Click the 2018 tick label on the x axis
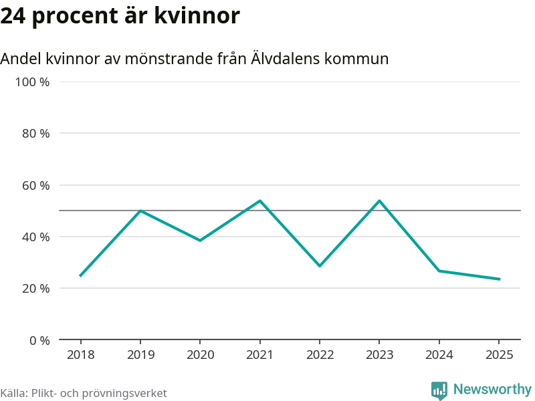pos(80,354)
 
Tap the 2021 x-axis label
pos(260,354)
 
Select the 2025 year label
pos(500,354)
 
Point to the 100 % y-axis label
pos(33,82)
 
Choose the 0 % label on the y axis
pos(39,340)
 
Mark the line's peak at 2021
pos(260,200)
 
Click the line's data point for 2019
pos(140,211)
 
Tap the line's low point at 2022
pos(320,266)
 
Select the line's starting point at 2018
pos(80,275)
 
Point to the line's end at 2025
pos(500,279)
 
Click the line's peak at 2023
pos(380,200)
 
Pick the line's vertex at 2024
pos(439,271)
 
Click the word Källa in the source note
pos(13,393)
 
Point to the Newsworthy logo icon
pos(439,390)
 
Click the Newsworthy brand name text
pos(492,389)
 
